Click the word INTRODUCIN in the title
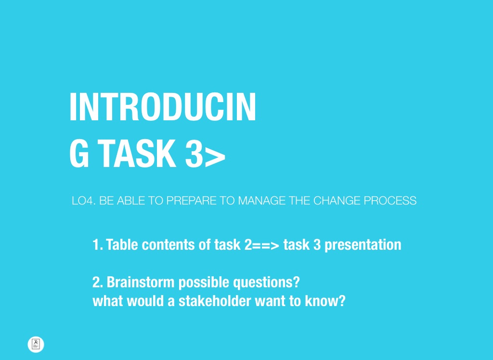(163, 107)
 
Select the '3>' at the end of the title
(205, 154)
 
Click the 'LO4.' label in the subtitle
(83, 201)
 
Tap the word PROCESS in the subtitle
(390, 201)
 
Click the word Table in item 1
(122, 244)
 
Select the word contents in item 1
(168, 244)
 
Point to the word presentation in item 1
(363, 245)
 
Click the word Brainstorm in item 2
(141, 282)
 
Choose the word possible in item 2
(204, 283)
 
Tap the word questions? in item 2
(266, 283)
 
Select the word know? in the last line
(325, 301)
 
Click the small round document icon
(36, 344)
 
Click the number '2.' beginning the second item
(98, 282)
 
